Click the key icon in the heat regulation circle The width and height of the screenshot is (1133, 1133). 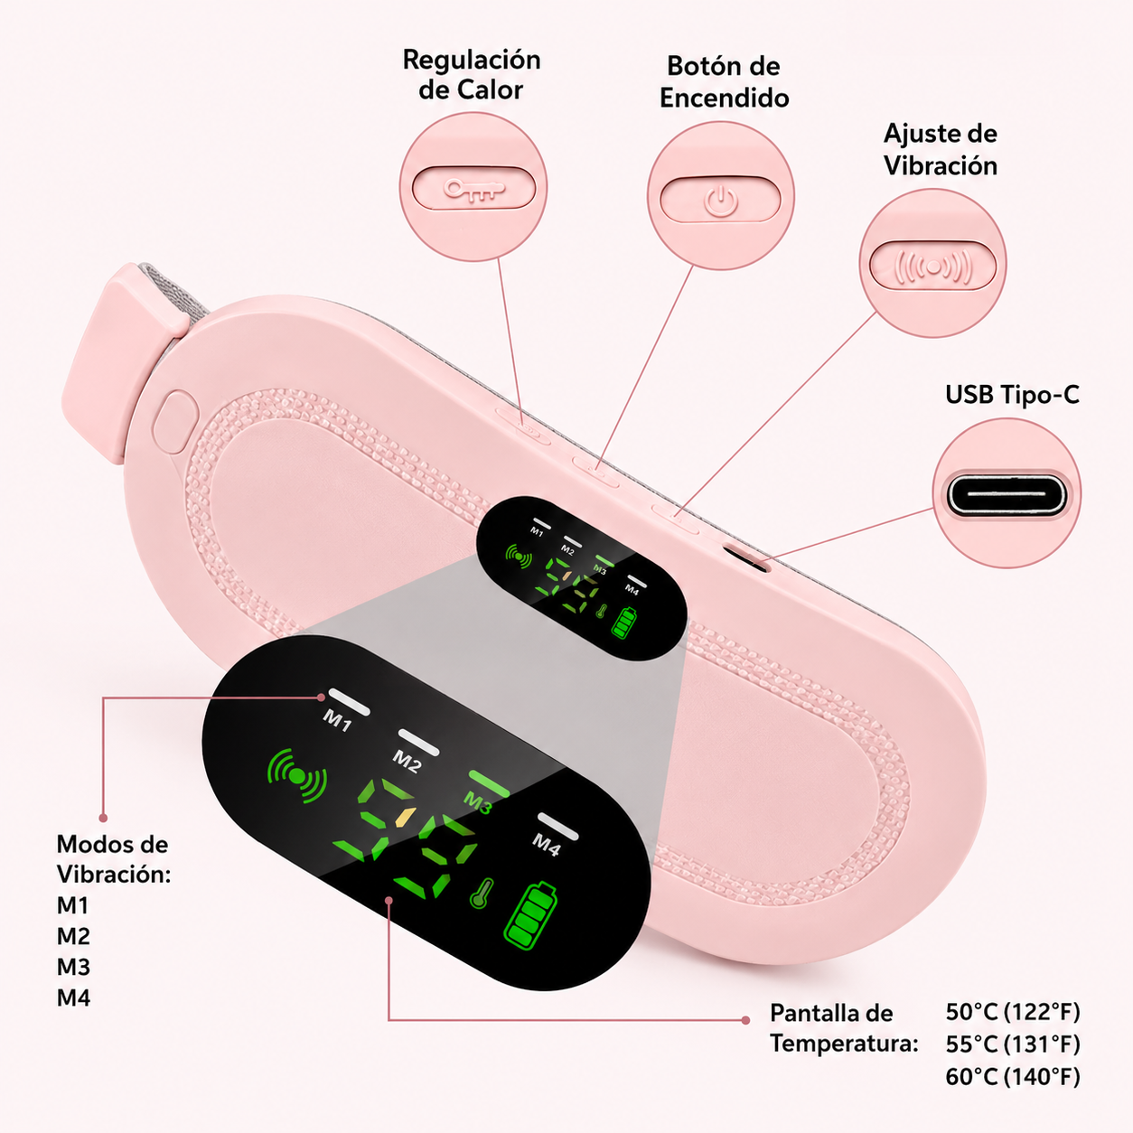point(474,189)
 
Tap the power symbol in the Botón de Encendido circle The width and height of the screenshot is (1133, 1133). point(721,201)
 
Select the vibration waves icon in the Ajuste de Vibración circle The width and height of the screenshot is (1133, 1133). point(933,267)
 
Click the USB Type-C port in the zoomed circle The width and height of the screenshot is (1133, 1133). point(1007,493)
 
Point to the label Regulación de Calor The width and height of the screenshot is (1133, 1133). point(472,75)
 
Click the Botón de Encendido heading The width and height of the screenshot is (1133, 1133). point(724,81)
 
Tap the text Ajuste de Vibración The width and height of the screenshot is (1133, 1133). point(941,149)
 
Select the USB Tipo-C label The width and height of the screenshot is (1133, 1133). point(1013,395)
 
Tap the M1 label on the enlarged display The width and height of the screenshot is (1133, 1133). point(337,720)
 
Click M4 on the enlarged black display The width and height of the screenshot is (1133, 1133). point(547,846)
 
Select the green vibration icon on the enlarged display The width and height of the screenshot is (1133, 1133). point(297,775)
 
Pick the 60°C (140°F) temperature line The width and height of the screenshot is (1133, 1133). point(1013,1077)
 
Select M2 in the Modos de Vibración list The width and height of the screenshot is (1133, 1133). point(73,936)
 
